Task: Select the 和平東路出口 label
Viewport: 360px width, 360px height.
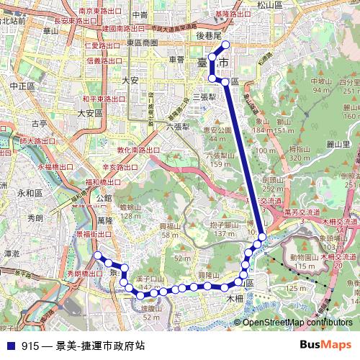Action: pos(102,98)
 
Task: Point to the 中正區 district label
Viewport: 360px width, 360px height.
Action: pos(22,85)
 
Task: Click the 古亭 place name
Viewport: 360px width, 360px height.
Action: pos(39,124)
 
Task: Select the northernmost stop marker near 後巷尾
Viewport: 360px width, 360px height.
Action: pos(226,44)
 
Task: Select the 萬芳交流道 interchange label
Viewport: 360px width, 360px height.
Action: pos(302,213)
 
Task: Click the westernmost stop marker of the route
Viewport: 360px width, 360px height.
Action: pos(97,256)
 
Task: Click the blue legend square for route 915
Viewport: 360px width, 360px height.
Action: pos(10,346)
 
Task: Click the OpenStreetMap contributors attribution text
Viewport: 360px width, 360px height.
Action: pos(297,323)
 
